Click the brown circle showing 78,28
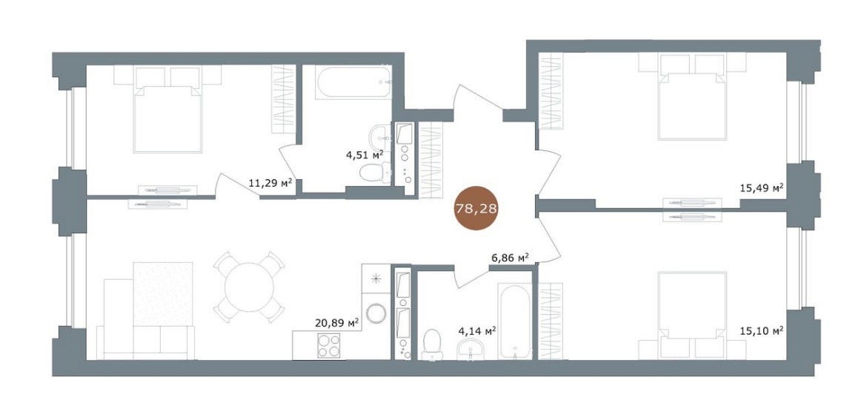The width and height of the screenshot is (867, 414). (476, 209)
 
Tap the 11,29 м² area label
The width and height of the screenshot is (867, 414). (270, 183)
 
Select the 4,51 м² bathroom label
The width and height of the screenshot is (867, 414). (365, 155)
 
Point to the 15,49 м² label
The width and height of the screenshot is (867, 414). (762, 188)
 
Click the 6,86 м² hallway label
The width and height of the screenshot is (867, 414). (511, 257)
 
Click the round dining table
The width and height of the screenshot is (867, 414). (250, 287)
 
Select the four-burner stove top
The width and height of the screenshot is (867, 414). (328, 346)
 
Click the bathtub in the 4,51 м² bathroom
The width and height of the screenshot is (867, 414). (354, 82)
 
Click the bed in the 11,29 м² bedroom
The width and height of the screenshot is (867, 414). (167, 110)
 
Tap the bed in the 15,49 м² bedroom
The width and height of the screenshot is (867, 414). (691, 97)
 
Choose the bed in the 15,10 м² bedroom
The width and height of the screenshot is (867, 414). (691, 315)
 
